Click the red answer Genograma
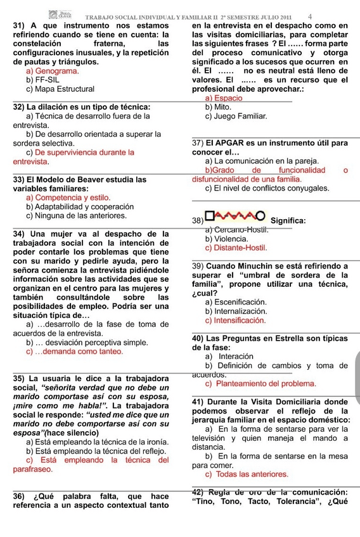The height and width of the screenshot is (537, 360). point(56,72)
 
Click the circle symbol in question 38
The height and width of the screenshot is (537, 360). point(260,218)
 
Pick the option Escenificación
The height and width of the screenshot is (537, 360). point(240,302)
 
